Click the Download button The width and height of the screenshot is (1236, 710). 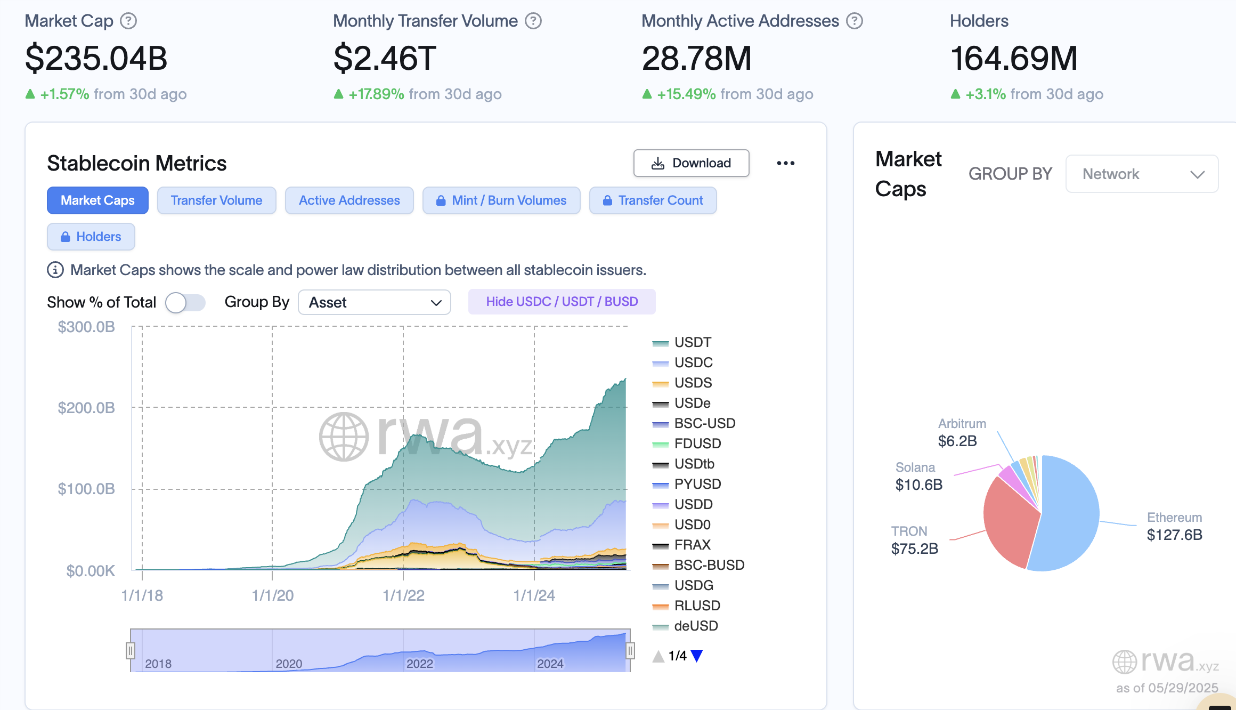coord(691,163)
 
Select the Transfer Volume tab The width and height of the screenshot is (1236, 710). coord(216,200)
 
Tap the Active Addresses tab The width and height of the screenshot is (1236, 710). coord(349,200)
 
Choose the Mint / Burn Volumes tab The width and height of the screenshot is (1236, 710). coord(501,200)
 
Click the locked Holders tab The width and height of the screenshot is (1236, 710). coord(91,237)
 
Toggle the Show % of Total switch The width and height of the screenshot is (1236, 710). coord(185,303)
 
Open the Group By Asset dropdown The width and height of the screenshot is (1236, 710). coord(374,303)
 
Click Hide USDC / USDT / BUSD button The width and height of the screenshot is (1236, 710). coord(562,302)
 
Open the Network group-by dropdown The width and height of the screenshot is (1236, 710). coord(1141,174)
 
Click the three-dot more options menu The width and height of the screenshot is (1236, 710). coord(785,163)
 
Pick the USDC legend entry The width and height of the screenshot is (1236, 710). coord(693,362)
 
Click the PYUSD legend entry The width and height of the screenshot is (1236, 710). coord(697,484)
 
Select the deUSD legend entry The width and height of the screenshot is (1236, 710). coord(695,626)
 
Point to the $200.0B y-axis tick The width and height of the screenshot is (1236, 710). coord(86,408)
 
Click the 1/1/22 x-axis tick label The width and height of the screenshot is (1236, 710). coord(403,595)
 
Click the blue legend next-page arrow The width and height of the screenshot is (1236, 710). coord(696,656)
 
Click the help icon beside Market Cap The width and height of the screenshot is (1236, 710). coord(128,21)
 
